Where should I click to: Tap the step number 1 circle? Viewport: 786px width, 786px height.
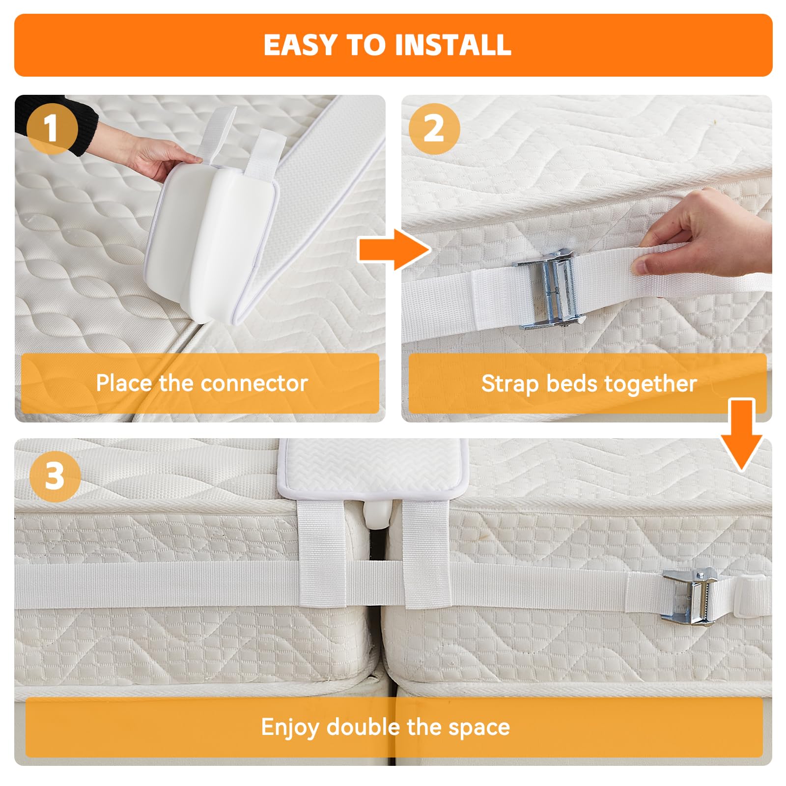[x=52, y=129]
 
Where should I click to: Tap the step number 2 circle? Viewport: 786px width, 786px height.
[x=434, y=129]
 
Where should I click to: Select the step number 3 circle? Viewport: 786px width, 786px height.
[x=55, y=476]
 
